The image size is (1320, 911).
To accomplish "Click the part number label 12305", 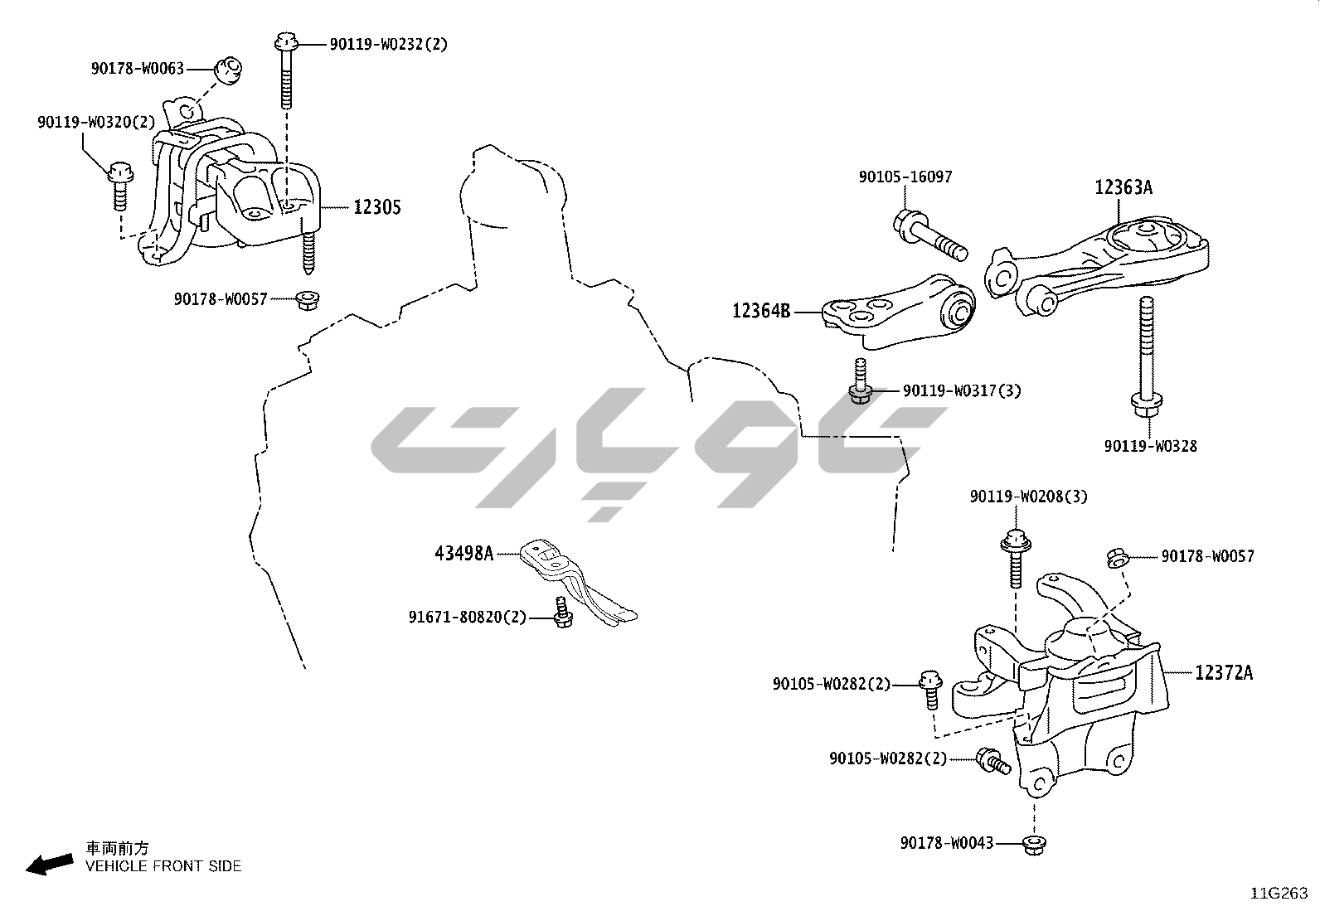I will (376, 207).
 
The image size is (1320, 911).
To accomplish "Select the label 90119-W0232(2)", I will (388, 45).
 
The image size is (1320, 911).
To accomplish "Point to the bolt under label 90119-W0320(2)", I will (119, 186).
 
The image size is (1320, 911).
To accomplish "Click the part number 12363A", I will (1123, 187).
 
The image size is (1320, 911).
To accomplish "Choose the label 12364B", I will (761, 312).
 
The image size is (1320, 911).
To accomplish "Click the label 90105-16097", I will (905, 177).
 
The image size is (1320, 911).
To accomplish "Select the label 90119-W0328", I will (1150, 446).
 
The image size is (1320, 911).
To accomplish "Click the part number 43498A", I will (463, 553).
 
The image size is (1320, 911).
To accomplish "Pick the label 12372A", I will (1223, 673).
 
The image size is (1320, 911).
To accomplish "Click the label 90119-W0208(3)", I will (1028, 497).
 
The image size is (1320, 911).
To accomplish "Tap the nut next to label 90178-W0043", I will (1033, 844).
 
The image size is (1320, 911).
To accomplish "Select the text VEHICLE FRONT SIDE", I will (163, 866).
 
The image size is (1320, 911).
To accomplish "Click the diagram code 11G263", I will (1279, 894).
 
